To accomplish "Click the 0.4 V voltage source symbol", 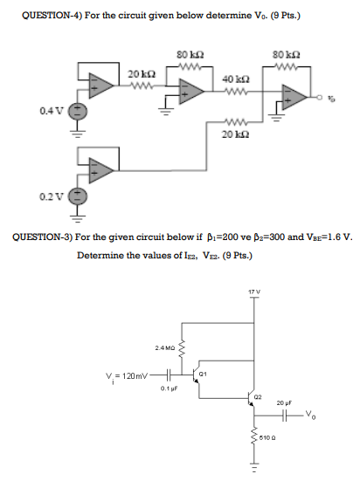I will pos(77,112).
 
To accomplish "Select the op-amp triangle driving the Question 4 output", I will pos(296,96).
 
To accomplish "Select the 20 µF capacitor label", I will pos(282,403).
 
